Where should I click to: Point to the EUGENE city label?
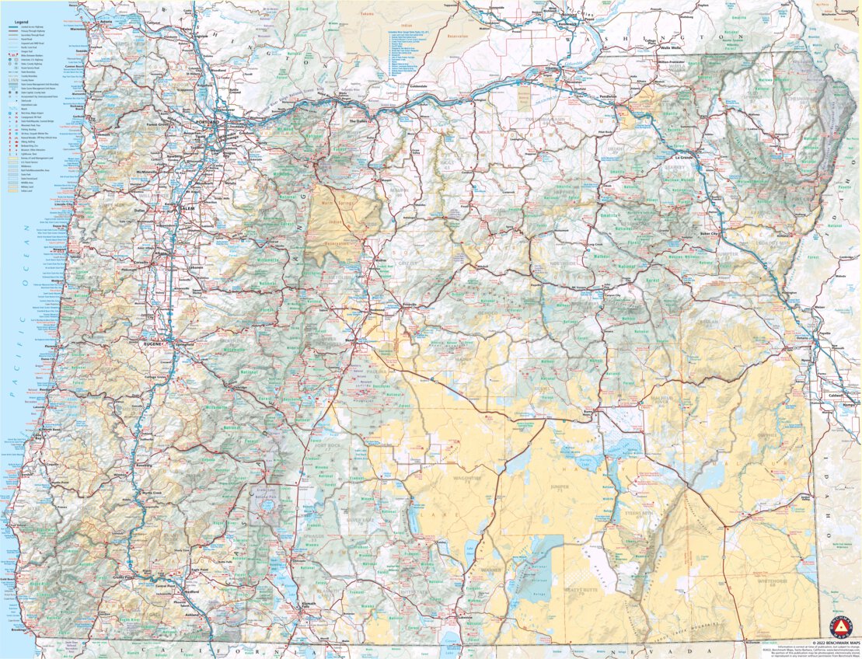pos(152,343)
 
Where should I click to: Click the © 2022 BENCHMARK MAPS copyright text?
pos(836,643)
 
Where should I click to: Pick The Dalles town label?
pos(358,122)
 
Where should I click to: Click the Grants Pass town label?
pos(120,578)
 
